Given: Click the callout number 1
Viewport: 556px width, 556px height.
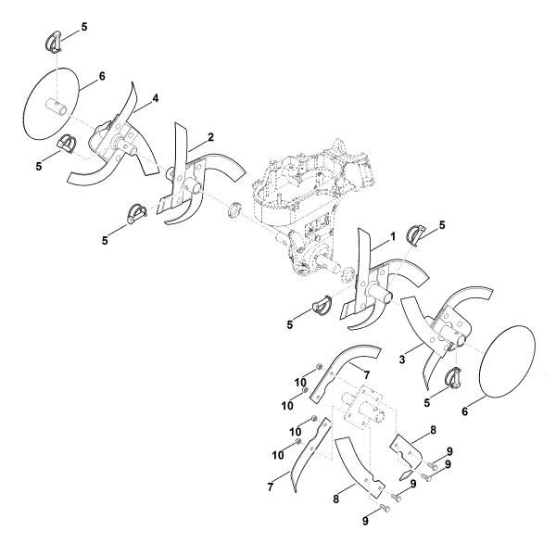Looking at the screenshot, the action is (393, 237).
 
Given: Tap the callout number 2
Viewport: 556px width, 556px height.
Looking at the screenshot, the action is (210, 137).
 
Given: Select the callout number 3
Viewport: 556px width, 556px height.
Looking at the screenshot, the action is (402, 360).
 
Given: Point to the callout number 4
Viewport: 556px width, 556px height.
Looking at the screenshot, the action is (156, 98).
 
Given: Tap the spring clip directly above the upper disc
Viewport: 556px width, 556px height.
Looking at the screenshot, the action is (54, 42).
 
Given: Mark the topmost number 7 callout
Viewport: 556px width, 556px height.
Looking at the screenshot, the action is (367, 375).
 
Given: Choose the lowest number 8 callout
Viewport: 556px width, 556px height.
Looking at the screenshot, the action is (335, 499).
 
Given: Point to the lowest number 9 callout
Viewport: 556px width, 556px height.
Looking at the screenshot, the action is (365, 521).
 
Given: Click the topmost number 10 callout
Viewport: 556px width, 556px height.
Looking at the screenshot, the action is (300, 383).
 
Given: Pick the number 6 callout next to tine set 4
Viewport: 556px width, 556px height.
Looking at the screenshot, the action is (102, 76).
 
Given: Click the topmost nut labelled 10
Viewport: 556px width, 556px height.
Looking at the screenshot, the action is (318, 367).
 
